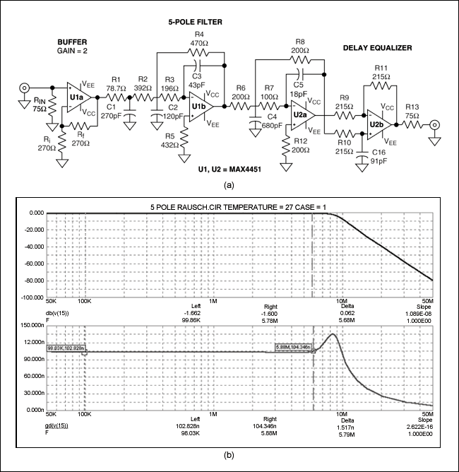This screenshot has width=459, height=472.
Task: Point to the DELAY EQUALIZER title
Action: (377, 48)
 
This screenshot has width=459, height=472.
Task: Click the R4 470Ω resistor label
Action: (199, 38)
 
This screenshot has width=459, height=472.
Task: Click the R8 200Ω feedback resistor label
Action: (300, 47)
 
